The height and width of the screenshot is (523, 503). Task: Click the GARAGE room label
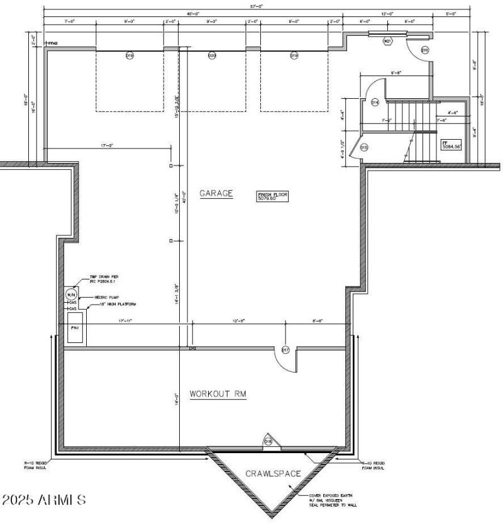pos(216,194)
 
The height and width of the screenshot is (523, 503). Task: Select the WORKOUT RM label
pos(218,394)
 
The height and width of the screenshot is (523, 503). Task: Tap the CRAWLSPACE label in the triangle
pos(273,473)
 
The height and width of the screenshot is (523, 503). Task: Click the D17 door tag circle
pos(285,350)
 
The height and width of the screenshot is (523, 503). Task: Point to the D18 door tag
pos(268,442)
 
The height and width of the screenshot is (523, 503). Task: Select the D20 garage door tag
pos(212,56)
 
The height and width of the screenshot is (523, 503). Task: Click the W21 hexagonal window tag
pos(387,41)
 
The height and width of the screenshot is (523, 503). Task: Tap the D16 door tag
pos(425,50)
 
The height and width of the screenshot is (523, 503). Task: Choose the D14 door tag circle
pos(375,101)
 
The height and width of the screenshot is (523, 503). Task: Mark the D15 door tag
pos(365,147)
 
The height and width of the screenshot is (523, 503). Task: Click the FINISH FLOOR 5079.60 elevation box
pos(272,196)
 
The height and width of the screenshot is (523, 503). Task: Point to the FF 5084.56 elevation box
pos(451,145)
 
